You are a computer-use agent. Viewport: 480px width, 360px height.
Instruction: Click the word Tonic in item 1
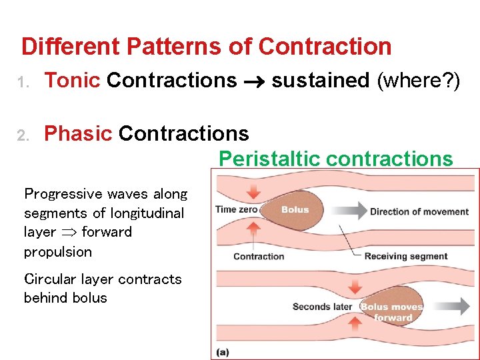[72, 81]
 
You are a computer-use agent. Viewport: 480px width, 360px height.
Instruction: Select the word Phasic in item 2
[77, 133]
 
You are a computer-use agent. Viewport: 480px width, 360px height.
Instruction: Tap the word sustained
[320, 81]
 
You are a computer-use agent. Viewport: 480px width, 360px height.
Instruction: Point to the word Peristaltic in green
[270, 159]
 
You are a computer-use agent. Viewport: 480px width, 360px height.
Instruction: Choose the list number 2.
[22, 135]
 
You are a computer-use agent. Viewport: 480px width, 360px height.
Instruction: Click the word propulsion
[57, 252]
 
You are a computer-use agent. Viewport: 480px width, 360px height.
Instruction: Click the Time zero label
[236, 209]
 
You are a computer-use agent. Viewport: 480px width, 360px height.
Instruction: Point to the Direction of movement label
[419, 212]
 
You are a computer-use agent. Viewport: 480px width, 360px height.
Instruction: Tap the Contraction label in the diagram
[259, 256]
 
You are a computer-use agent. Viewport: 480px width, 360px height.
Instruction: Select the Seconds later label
[322, 307]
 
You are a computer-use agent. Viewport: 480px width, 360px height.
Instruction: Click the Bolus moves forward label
[392, 312]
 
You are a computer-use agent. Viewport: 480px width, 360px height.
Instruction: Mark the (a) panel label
[222, 351]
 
